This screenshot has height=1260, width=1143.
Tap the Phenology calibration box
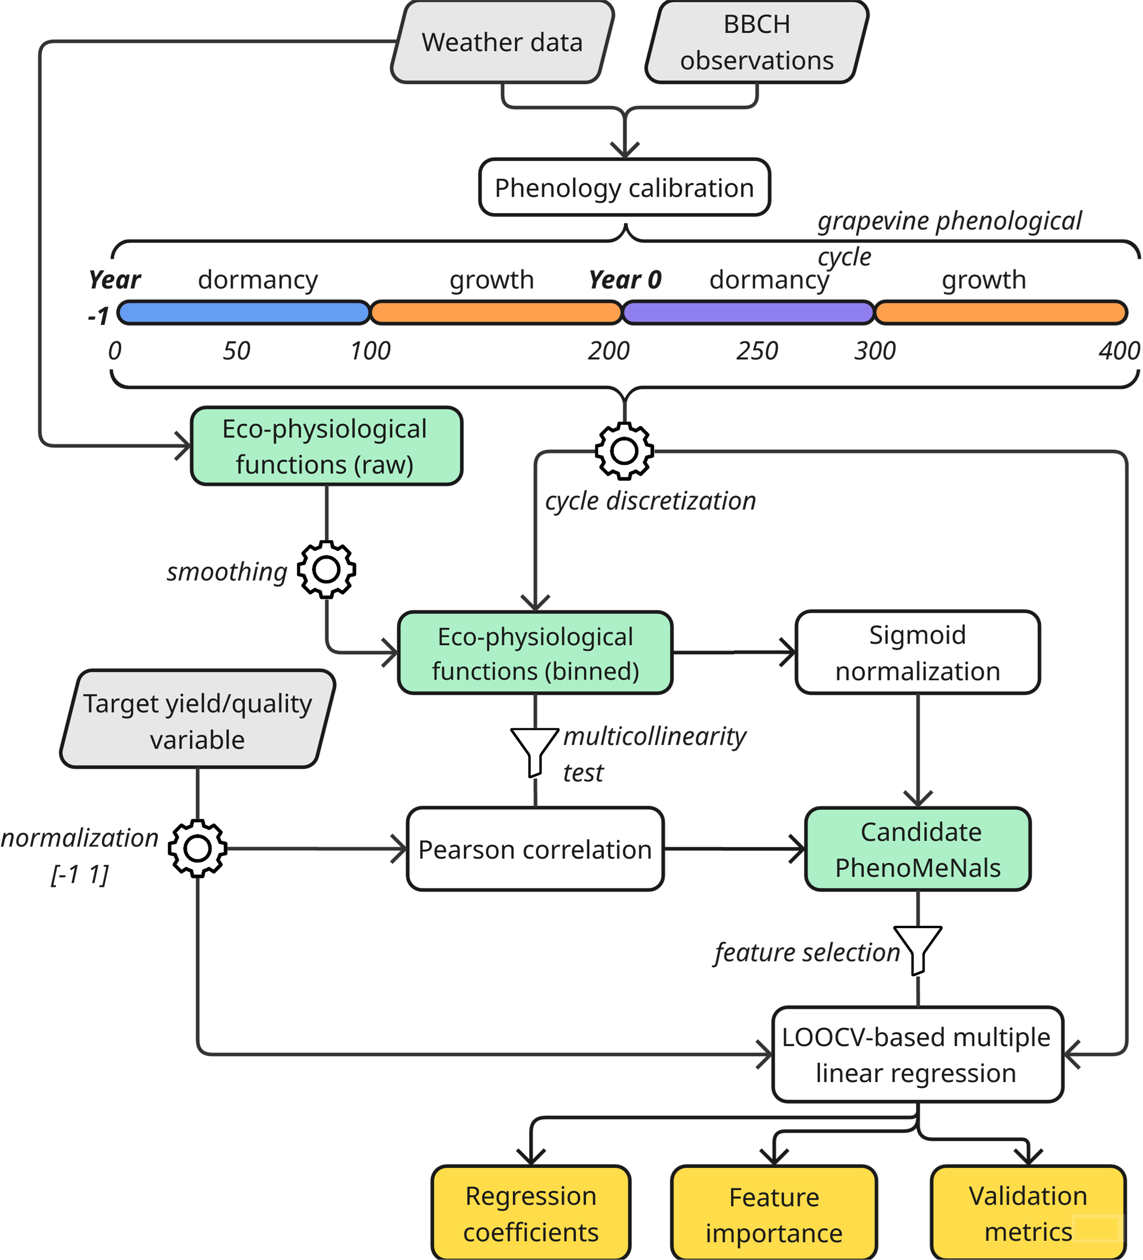point(624,188)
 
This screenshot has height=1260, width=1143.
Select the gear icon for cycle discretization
point(624,451)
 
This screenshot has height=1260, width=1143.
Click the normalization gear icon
point(198,848)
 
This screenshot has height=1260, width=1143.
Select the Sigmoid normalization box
point(917,652)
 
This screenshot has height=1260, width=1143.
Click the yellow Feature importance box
point(774,1214)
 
